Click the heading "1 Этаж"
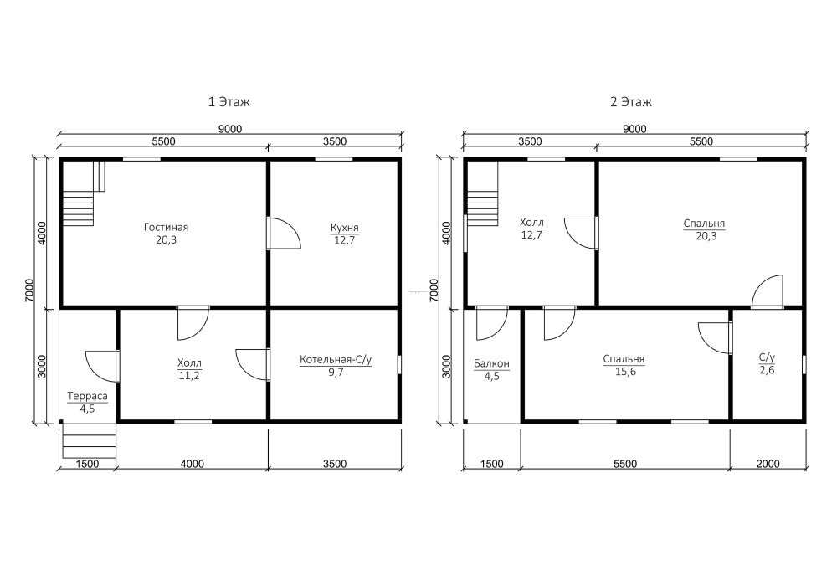[229, 101]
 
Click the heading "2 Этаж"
[631, 101]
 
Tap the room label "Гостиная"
[166, 228]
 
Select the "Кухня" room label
[344, 228]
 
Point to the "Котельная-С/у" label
[336, 360]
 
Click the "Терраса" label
[87, 396]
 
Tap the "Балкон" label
[491, 364]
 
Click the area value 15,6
[625, 372]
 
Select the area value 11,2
[189, 375]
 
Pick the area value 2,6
[767, 370]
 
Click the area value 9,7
[336, 372]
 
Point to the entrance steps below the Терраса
[90, 440]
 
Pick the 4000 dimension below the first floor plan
[192, 464]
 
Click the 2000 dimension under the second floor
[768, 464]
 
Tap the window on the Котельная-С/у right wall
[398, 364]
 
